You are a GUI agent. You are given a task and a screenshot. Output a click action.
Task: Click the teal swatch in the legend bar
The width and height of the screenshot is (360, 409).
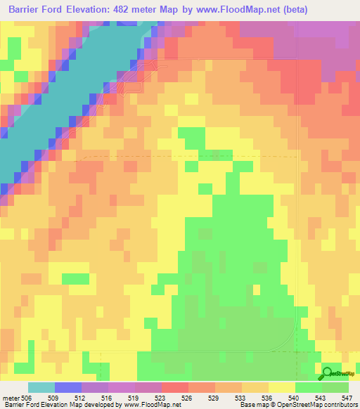41,387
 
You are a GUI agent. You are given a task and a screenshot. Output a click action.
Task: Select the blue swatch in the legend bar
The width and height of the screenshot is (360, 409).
67,387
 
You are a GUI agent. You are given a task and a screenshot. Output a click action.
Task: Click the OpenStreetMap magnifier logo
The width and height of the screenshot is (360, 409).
328,372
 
